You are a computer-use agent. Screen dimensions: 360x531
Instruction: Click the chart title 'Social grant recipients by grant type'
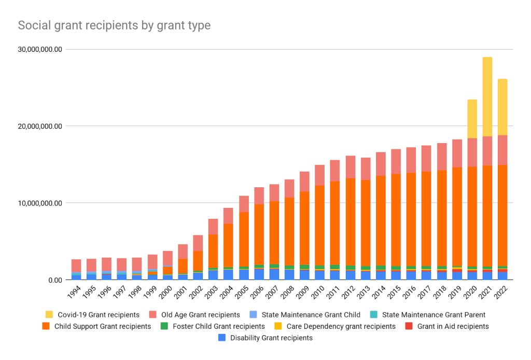click(x=114, y=25)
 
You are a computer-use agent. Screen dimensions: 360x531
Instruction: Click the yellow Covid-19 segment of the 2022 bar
click(x=502, y=107)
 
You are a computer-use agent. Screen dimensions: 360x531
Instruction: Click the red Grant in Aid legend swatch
click(x=408, y=326)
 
